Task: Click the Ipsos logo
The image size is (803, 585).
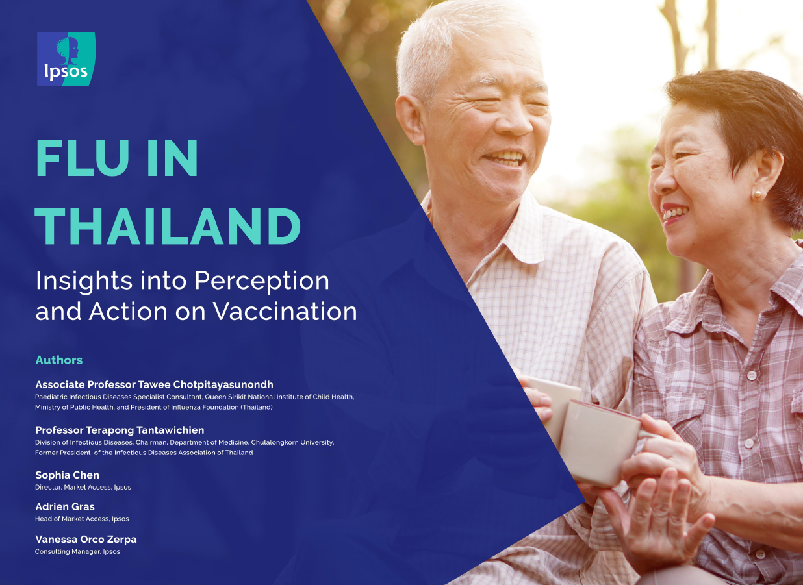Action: [66, 58]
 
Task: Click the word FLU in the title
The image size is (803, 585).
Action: [82, 158]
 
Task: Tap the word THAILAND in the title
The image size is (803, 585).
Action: [168, 226]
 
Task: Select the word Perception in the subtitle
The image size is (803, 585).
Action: [262, 282]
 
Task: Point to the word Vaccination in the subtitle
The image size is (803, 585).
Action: [285, 311]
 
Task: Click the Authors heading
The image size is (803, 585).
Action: [58, 360]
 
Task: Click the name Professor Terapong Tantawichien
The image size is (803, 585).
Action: [120, 430]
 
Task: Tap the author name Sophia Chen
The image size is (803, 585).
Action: [67, 475]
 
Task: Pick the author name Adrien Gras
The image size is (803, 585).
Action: [65, 506]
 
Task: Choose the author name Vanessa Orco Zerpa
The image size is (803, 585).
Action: [86, 539]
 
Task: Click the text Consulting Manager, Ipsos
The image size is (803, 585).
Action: [77, 552]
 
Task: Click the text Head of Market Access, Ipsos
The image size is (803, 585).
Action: [82, 519]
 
